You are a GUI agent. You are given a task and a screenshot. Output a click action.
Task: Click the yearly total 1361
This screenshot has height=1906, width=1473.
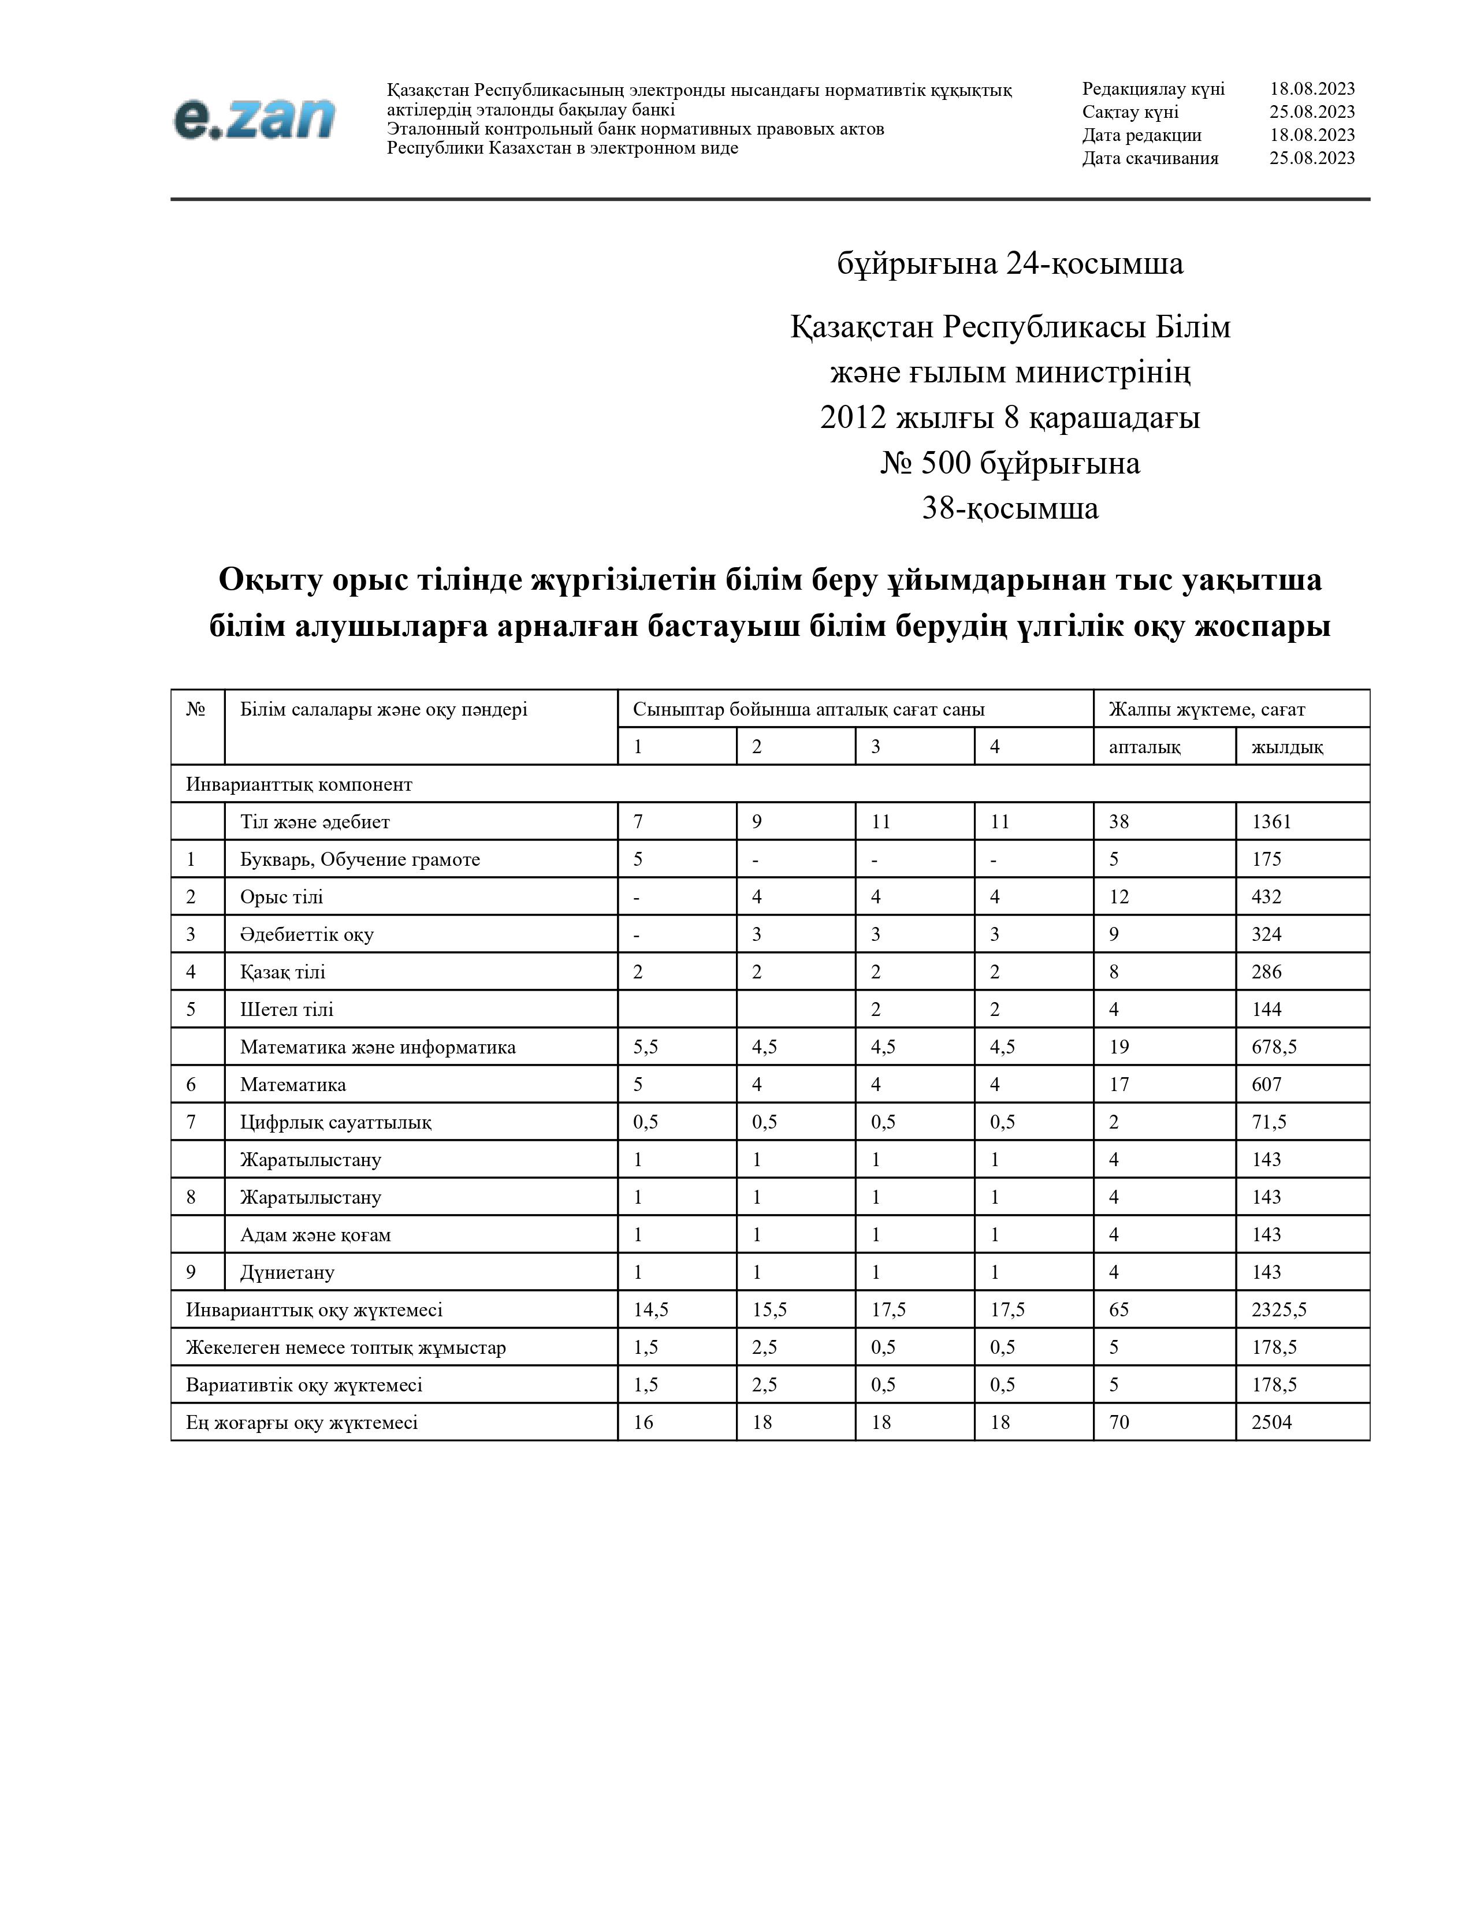pos(1271,821)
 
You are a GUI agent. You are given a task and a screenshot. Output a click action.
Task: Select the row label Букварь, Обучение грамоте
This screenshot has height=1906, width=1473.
pos(359,859)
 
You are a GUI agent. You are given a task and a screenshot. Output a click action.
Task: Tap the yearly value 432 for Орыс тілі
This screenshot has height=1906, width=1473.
pos(1266,896)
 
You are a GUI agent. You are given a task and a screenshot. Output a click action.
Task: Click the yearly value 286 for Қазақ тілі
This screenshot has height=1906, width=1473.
pos(1266,971)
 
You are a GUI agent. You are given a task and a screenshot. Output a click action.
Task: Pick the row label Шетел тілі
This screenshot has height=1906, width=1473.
pos(286,1009)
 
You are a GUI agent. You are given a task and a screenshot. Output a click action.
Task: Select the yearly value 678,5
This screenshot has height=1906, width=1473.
pos(1274,1047)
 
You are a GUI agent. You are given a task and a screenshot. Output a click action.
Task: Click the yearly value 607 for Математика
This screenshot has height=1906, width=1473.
pos(1266,1084)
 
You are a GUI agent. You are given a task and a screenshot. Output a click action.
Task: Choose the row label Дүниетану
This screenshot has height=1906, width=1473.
pos(287,1272)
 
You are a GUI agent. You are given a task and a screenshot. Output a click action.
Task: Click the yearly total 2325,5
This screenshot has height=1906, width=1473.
pos(1278,1309)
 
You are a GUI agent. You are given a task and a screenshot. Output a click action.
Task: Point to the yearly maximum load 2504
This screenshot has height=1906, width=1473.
pos(1271,1421)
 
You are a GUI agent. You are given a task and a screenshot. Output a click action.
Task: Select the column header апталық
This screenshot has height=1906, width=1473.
pos(1144,747)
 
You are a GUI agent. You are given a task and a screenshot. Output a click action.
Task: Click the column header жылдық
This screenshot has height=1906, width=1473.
pos(1286,747)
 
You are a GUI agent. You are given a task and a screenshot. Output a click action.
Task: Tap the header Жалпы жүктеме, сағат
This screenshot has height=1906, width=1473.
pos(1206,709)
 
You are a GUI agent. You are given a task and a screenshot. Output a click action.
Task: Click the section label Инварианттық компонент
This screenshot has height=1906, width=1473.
pos(299,784)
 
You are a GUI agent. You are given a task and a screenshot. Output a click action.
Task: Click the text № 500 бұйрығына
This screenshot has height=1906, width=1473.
pos(1010,463)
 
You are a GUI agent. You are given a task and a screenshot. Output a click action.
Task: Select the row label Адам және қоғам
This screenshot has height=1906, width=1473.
pos(315,1234)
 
